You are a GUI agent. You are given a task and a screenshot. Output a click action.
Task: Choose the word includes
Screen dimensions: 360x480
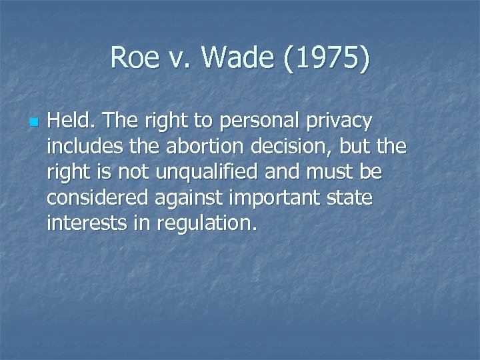point(79,147)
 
